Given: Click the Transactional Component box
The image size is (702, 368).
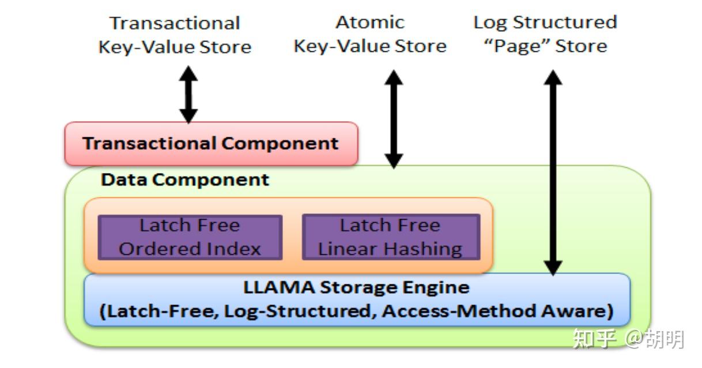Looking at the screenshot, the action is coord(211,144).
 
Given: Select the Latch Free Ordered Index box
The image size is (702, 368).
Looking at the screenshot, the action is coord(190,237).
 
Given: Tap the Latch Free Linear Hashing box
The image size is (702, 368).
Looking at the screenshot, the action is coord(391,237).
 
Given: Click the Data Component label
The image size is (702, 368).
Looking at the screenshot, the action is coord(185,180).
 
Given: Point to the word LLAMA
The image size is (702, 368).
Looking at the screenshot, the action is coord(279,287).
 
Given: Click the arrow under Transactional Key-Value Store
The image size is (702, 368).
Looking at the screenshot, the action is coord(188,95).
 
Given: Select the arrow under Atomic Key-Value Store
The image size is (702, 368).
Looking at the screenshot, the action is coord(394,119).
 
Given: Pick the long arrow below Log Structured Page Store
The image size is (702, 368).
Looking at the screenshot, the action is coord(553,172).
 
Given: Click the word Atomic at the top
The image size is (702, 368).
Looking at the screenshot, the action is coord(370,22).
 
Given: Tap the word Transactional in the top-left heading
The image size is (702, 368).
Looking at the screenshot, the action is coord(175,23).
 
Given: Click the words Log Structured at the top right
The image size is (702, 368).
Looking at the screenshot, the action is coord(545,22).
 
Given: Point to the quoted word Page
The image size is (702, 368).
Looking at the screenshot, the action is coord(517,46).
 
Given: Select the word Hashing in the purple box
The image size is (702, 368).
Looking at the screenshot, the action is coord(423,249).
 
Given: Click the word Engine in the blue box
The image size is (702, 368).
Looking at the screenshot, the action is coord(436,288).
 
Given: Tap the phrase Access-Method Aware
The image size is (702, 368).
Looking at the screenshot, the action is coord(497,311).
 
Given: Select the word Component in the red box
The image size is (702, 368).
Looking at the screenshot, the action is coord(280,144).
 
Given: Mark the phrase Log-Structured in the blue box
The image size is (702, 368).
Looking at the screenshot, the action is coord(300,312).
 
